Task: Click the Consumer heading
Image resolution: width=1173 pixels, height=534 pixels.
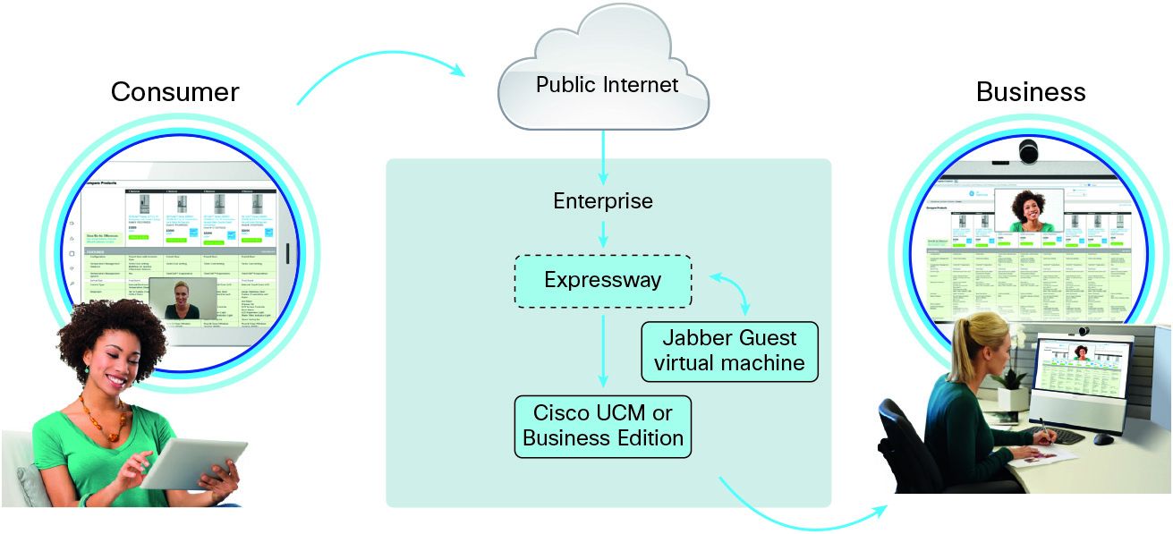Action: [174, 92]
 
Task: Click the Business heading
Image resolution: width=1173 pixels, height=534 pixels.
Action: [1031, 92]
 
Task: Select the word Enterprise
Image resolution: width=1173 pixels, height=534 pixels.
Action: [603, 201]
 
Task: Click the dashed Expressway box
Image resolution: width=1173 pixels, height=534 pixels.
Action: [602, 281]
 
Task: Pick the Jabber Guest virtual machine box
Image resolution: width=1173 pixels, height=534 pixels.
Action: [729, 352]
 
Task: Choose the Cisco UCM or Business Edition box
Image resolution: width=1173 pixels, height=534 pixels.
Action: [603, 426]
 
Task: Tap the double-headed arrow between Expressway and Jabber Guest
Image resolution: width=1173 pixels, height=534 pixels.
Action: [734, 293]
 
